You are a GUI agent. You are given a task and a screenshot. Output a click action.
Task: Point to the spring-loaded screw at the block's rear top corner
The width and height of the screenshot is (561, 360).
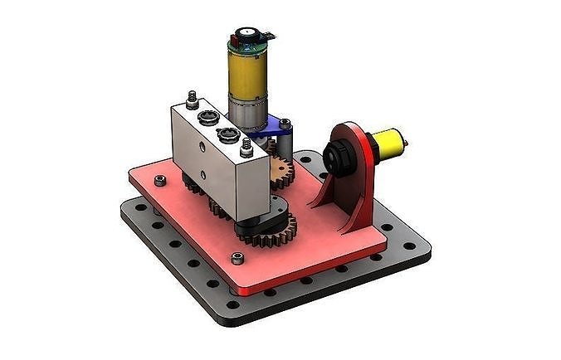pyautogui.click(x=193, y=100)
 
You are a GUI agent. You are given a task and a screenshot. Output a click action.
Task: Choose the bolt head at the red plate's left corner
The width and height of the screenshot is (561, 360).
pyautogui.click(x=161, y=180)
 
